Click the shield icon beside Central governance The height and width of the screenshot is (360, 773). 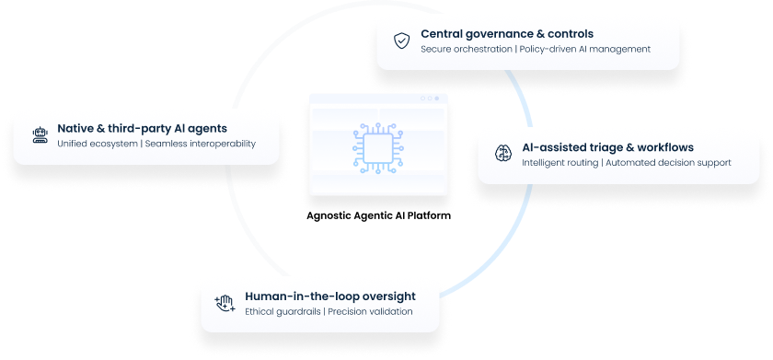tap(401, 41)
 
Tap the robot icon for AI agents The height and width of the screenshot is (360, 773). tap(39, 135)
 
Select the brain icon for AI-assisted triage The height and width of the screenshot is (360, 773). tap(502, 154)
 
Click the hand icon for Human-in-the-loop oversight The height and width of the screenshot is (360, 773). tap(225, 303)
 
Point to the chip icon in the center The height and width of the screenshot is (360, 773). tap(378, 144)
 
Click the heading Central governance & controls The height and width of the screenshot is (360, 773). tap(507, 34)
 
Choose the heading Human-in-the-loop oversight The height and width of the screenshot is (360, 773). tap(330, 296)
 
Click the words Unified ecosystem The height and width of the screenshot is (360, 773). tap(97, 144)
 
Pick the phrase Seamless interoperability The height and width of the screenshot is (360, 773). tap(201, 144)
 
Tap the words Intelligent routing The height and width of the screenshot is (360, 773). tap(559, 163)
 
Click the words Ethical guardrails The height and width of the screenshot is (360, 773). tap(283, 312)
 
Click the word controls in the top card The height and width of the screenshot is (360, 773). tap(569, 34)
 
